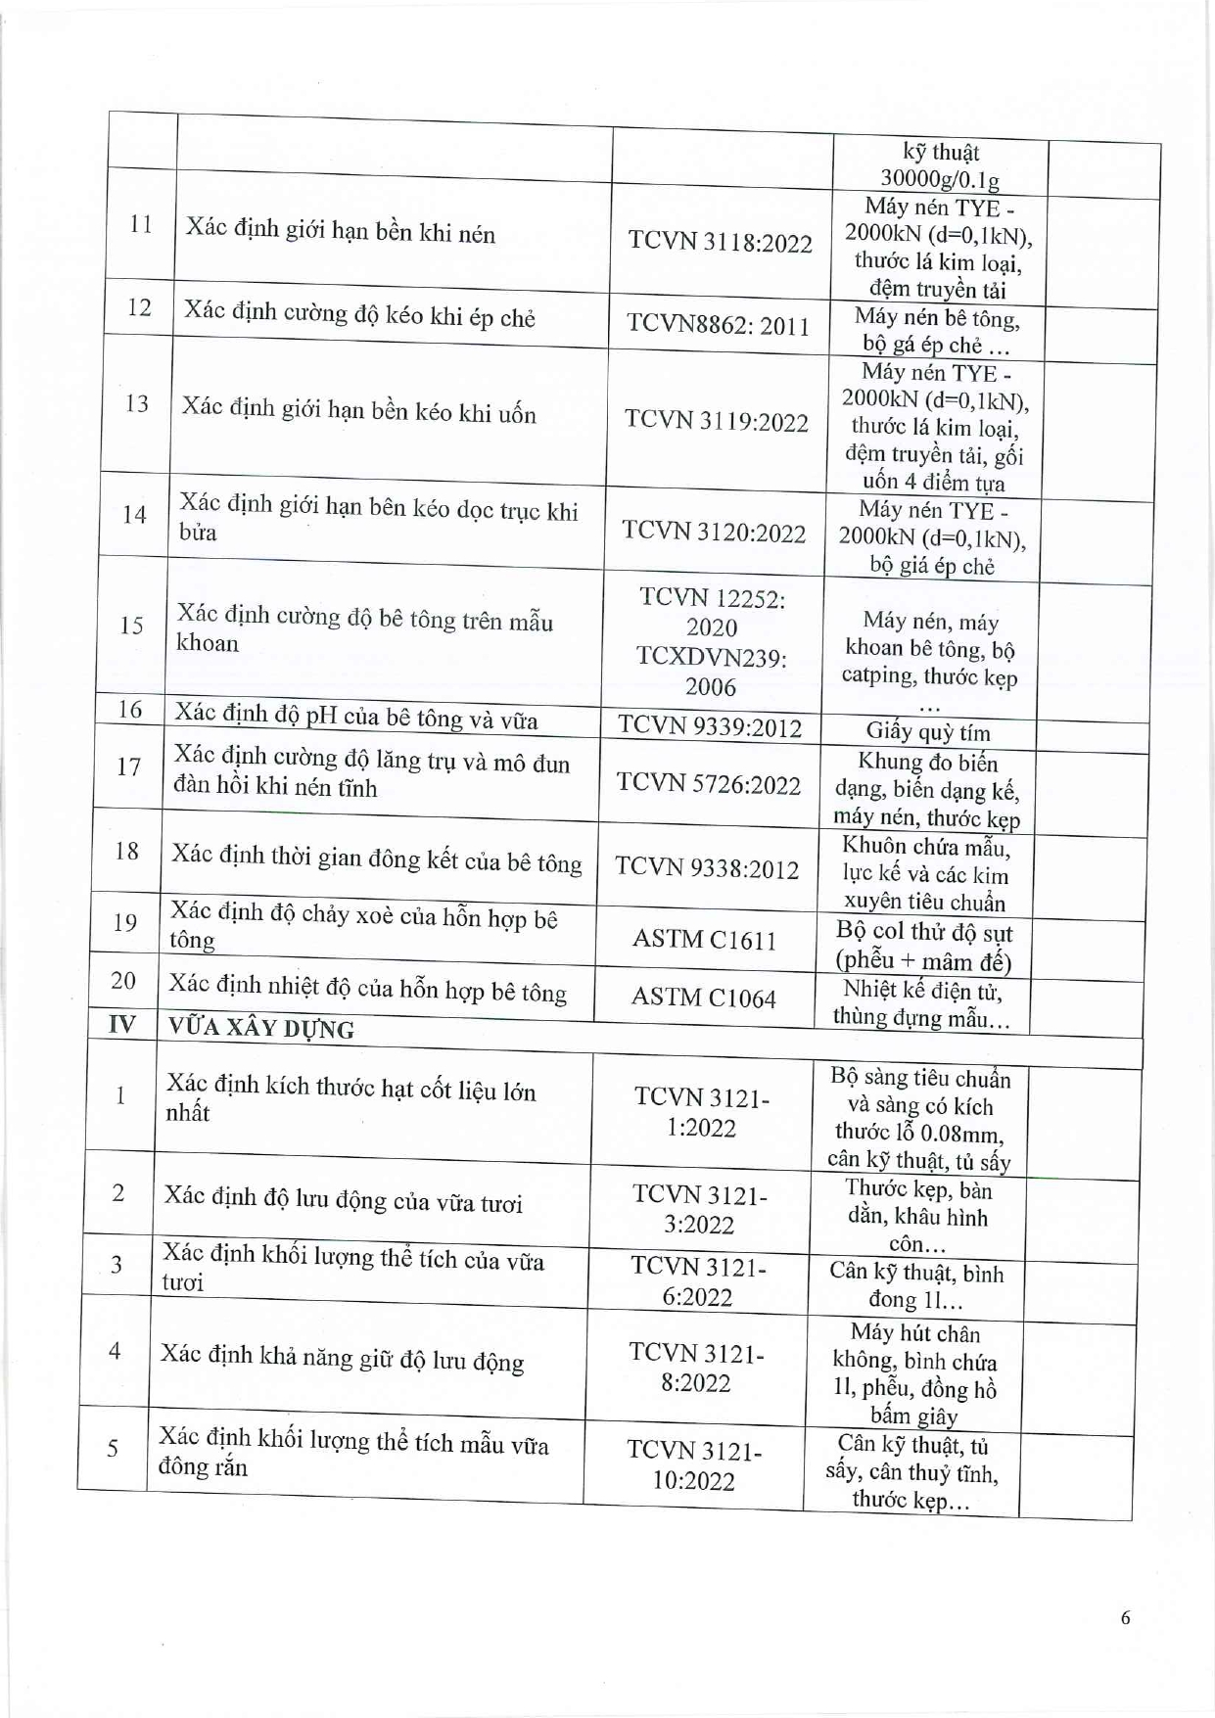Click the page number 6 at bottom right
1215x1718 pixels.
click(x=1125, y=1617)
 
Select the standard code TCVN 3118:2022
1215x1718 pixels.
click(x=720, y=242)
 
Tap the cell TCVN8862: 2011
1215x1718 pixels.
click(x=718, y=324)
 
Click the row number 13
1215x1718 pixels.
click(x=137, y=403)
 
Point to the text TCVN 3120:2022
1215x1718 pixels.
click(x=714, y=532)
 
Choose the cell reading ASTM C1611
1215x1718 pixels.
click(x=704, y=940)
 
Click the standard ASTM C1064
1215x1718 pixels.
click(x=703, y=998)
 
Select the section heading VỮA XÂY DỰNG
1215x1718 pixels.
click(x=261, y=1028)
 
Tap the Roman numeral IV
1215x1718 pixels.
click(x=122, y=1025)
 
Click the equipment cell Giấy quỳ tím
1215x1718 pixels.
click(x=927, y=732)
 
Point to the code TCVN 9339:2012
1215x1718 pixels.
click(x=709, y=726)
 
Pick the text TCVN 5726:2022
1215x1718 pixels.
click(x=708, y=784)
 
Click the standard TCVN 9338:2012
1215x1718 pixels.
click(x=707, y=868)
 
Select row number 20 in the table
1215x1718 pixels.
click(x=123, y=981)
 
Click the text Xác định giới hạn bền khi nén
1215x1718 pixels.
click(x=340, y=233)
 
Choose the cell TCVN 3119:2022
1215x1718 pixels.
click(x=717, y=421)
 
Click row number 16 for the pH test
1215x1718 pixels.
click(x=130, y=710)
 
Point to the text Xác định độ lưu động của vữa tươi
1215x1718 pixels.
click(x=343, y=1199)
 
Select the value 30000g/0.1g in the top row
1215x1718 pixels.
click(x=939, y=179)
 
